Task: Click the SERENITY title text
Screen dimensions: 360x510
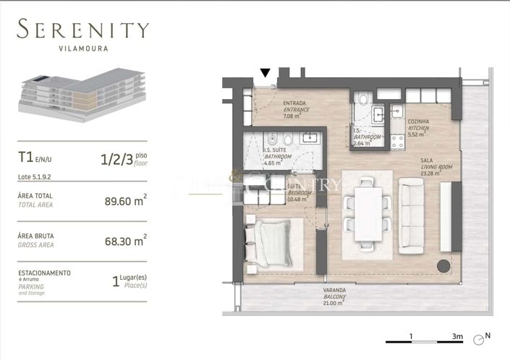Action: (83, 30)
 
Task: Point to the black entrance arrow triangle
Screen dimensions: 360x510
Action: (265, 72)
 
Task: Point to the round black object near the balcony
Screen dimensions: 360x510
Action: (441, 265)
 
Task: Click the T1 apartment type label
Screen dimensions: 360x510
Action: (27, 156)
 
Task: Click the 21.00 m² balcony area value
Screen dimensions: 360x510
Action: (334, 304)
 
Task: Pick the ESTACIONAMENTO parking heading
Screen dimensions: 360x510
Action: (44, 273)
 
